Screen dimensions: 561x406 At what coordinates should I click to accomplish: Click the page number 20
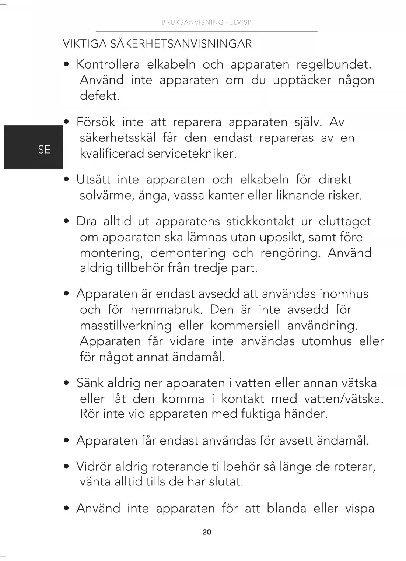pyautogui.click(x=207, y=532)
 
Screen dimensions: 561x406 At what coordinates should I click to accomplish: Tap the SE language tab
pyautogui.click(x=44, y=150)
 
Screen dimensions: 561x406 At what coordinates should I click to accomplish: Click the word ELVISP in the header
pyautogui.click(x=240, y=22)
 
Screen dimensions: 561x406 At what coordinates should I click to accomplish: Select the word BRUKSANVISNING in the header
pyautogui.click(x=192, y=22)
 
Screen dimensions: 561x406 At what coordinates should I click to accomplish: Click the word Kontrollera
pyautogui.click(x=108, y=64)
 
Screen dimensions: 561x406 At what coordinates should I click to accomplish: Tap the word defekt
pyautogui.click(x=100, y=96)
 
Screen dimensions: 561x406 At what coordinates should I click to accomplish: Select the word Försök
pyautogui.click(x=96, y=122)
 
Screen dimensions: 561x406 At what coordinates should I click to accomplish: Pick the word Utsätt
pyautogui.click(x=93, y=180)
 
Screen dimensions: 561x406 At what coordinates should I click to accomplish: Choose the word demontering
pyautogui.click(x=188, y=253)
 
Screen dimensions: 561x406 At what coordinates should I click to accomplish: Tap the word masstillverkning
pyautogui.click(x=126, y=326)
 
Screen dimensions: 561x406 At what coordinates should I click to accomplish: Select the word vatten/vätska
pyautogui.click(x=344, y=399)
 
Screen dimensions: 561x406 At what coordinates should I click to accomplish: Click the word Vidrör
pyautogui.click(x=94, y=467)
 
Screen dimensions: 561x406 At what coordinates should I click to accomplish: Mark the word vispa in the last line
pyautogui.click(x=360, y=509)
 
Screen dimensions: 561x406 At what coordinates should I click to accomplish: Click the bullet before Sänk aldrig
pyautogui.click(x=66, y=383)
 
